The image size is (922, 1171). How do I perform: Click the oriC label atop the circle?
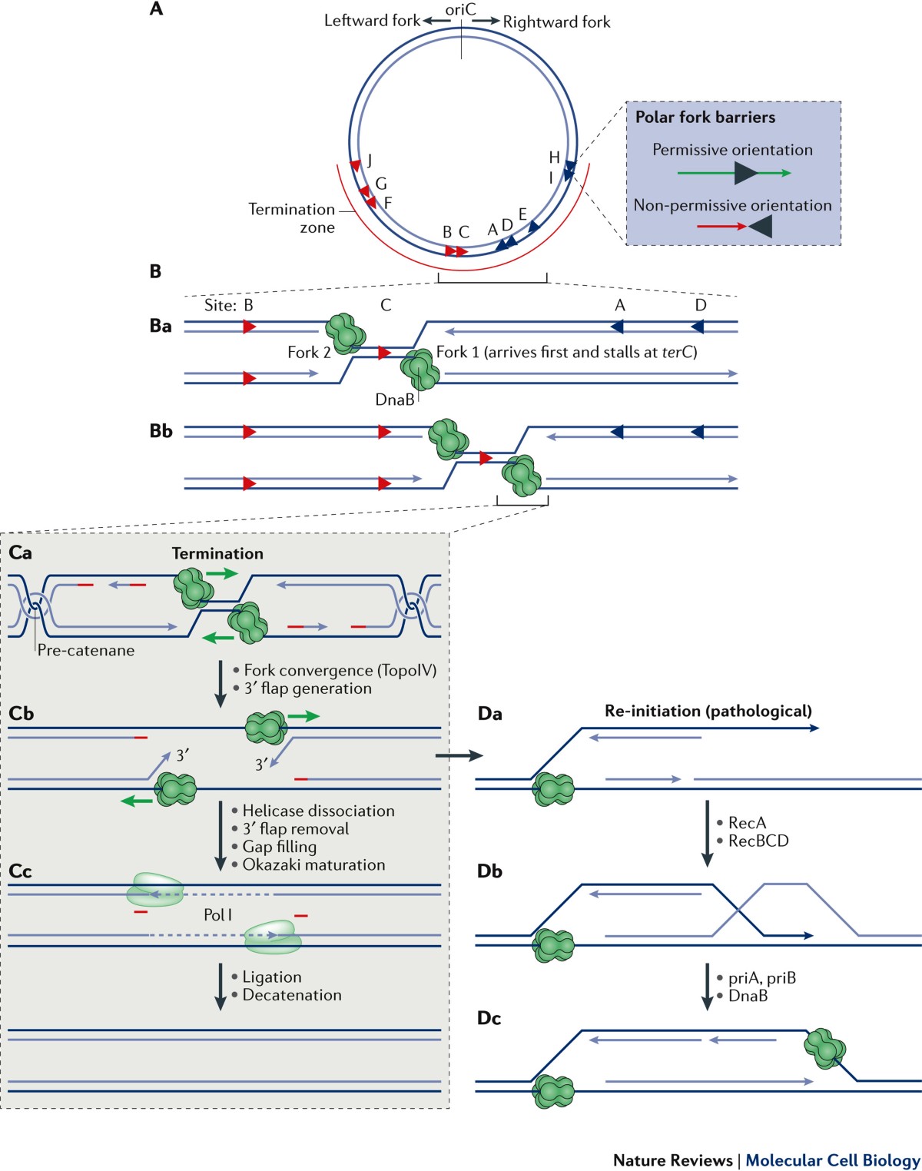point(461,9)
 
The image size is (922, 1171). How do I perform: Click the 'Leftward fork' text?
point(372,21)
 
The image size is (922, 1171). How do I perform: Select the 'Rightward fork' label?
point(556,22)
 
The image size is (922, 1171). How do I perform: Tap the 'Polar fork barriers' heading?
point(705,118)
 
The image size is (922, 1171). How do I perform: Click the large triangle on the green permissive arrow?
point(745,174)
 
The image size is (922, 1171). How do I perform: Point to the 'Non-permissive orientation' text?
point(732,205)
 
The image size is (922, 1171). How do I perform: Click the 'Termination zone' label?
point(292,218)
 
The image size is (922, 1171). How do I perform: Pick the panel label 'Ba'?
point(161,326)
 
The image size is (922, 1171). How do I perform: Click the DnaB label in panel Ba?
point(394,400)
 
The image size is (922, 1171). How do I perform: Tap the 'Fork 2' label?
point(309,353)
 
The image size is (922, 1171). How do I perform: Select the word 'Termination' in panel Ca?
point(217,553)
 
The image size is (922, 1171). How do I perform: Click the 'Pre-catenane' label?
point(86,651)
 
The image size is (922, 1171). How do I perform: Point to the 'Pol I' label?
point(217,914)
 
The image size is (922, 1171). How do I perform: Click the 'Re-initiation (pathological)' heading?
point(708,711)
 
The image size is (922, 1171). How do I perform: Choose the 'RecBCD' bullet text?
point(758,841)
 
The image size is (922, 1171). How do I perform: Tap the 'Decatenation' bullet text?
point(292,995)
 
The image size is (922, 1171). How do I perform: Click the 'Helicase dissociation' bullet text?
point(318,811)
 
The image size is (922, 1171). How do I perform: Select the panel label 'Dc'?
point(489,1018)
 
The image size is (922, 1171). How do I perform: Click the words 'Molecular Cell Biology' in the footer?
point(832,1160)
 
